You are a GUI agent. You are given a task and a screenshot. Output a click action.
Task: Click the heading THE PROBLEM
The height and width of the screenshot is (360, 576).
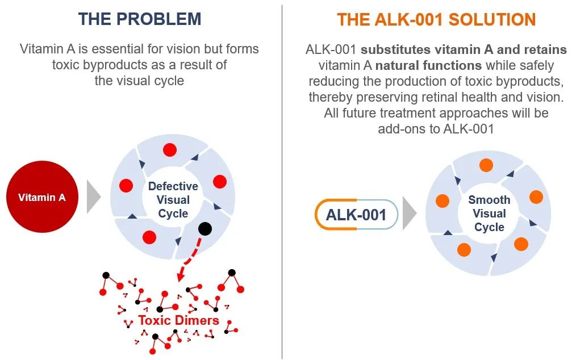point(140,19)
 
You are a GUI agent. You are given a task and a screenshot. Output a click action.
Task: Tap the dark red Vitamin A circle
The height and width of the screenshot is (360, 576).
point(41,198)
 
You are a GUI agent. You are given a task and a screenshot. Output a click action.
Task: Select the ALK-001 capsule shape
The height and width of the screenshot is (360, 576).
point(356,215)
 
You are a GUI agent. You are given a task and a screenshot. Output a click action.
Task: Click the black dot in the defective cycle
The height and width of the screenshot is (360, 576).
point(205,228)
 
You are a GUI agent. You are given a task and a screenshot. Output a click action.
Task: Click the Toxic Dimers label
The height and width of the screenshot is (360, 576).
point(178,321)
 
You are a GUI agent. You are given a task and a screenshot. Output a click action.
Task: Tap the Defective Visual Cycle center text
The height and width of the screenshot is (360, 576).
point(173,200)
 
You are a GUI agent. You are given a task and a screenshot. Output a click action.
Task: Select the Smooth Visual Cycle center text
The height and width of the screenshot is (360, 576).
point(489,214)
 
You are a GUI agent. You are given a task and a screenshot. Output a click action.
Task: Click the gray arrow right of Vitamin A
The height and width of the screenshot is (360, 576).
point(93,198)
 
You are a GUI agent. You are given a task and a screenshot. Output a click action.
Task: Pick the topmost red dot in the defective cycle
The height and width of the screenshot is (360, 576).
point(169,150)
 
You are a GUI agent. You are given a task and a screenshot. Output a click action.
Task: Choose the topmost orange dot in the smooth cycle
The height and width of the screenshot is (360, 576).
point(486,165)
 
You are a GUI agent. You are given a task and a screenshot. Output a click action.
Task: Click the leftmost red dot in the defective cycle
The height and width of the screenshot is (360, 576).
point(126,185)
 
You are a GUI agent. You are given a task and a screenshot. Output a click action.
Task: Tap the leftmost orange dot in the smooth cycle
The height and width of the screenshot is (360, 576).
point(442,200)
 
